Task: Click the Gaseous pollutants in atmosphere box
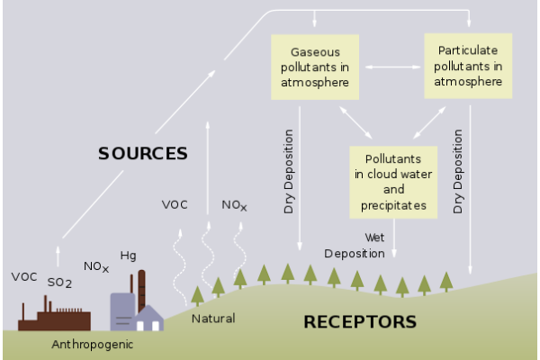(315, 67)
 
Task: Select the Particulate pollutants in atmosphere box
(468, 66)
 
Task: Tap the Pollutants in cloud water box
(393, 182)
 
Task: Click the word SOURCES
(143, 153)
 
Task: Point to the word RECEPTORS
(360, 322)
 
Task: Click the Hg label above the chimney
(128, 256)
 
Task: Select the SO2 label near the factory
(59, 283)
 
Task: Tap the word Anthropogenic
(93, 345)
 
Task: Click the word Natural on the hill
(213, 319)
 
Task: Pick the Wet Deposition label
(355, 246)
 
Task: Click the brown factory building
(54, 313)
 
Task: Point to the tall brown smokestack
(141, 292)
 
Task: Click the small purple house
(149, 319)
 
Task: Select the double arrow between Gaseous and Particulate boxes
(393, 67)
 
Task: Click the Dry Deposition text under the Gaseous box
(289, 172)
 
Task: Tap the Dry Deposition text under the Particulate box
(458, 172)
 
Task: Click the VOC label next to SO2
(24, 277)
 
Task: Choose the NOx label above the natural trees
(234, 205)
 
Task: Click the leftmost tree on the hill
(197, 296)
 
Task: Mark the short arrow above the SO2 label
(58, 256)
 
